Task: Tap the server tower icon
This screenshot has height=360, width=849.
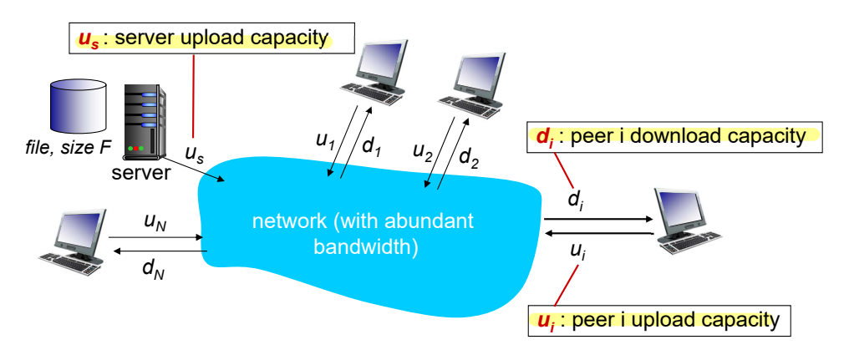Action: [x=141, y=122]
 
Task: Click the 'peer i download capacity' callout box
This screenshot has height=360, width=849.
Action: [x=675, y=136]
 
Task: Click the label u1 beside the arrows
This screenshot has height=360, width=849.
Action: [x=325, y=141]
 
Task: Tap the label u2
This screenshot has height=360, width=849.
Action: [x=422, y=151]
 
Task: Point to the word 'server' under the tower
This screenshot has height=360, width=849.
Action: [x=140, y=172]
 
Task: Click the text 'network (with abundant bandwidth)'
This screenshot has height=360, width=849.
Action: [x=363, y=234]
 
